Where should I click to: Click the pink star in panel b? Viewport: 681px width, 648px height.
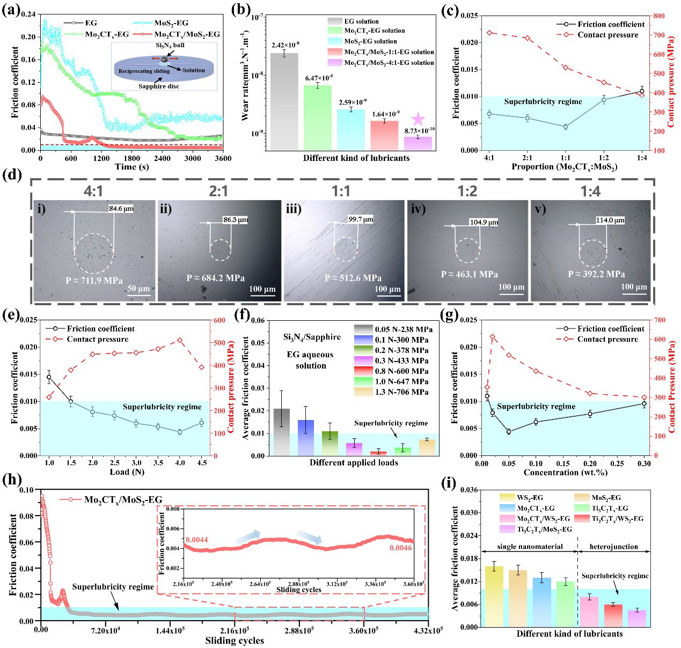click(418, 119)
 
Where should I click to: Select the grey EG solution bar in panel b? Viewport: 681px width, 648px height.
click(284, 101)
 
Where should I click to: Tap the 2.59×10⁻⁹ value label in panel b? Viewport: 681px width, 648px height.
click(353, 102)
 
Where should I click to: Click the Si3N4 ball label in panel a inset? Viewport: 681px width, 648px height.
click(170, 46)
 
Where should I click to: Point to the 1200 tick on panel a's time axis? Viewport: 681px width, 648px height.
click(101, 158)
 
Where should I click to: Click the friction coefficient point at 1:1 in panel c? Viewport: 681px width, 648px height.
click(565, 127)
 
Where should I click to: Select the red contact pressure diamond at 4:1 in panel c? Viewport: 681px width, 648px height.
click(489, 33)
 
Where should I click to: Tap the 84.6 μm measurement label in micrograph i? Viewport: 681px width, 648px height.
click(121, 209)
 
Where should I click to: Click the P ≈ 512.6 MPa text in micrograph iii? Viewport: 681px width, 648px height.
click(353, 278)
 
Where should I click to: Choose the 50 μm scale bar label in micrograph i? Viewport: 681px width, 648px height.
click(138, 289)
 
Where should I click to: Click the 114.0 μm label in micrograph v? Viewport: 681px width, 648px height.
click(610, 220)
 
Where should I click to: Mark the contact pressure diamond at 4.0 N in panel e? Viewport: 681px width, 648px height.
click(179, 341)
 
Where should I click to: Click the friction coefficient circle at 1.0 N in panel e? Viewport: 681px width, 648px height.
click(49, 377)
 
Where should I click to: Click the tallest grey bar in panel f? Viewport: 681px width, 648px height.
click(281, 432)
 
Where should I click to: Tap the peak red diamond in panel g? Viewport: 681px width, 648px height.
click(492, 337)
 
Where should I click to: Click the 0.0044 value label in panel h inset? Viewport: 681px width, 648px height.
click(197, 540)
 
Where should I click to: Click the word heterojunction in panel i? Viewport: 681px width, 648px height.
click(613, 547)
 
